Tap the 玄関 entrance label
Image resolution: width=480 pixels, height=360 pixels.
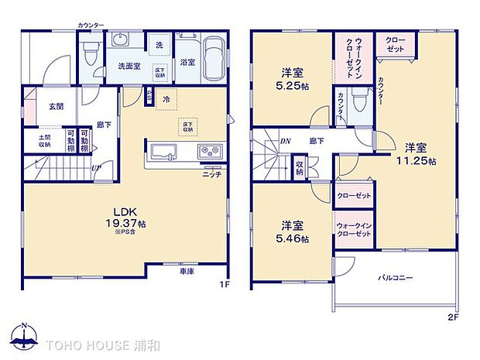(x=56, y=106)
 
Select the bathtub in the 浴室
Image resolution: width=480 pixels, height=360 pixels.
(x=214, y=58)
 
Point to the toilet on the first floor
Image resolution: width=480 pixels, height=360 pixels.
(x=90, y=54)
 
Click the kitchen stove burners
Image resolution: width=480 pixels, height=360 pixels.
(x=211, y=151)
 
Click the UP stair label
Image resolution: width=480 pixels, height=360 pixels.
(x=96, y=168)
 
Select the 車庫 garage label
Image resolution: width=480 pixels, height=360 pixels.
(x=186, y=272)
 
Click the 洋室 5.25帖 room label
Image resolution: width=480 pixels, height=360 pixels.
(x=291, y=80)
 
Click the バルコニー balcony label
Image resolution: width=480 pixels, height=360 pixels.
(x=395, y=277)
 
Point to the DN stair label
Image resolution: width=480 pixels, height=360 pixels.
(x=285, y=141)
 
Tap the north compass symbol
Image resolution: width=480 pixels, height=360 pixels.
(x=26, y=334)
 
